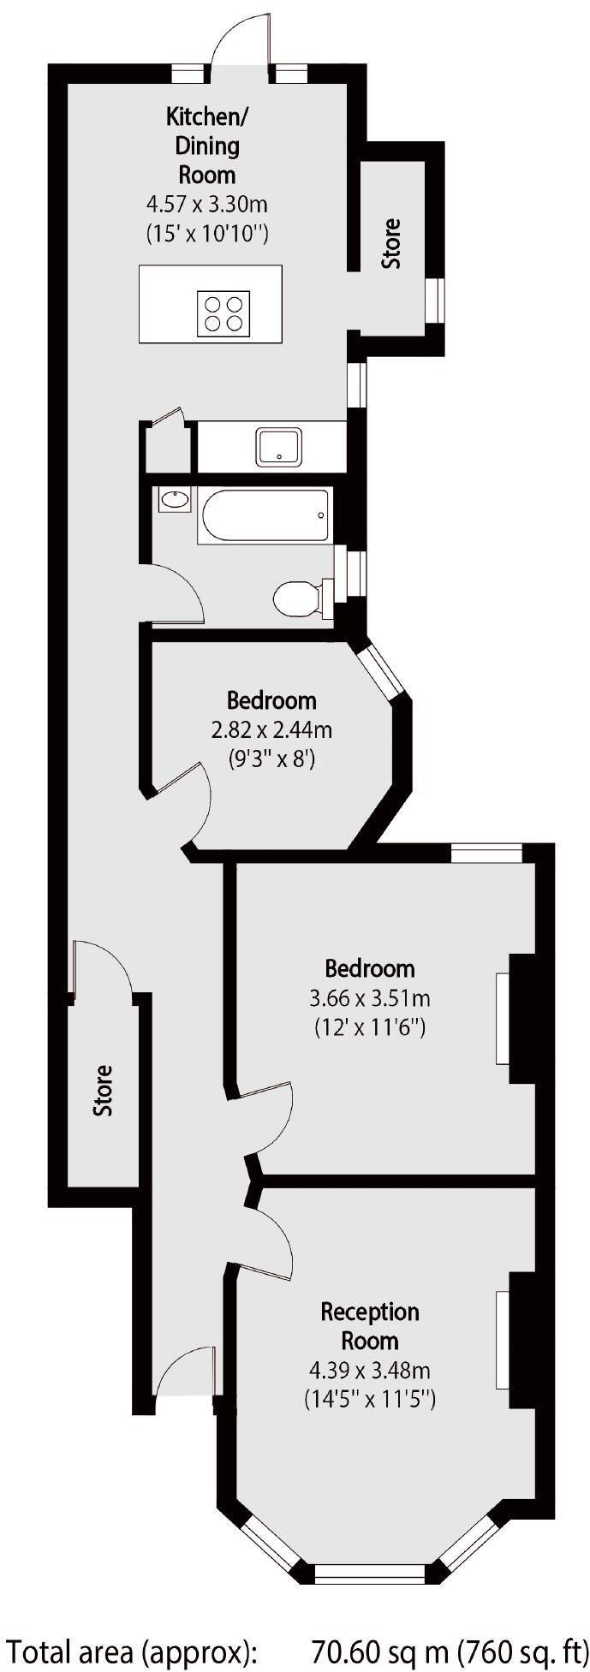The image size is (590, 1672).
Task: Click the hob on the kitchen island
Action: (x=223, y=312)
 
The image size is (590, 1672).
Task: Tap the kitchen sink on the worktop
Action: (x=278, y=447)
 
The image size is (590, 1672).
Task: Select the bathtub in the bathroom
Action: (x=265, y=515)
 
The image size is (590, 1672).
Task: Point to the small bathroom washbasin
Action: (x=176, y=499)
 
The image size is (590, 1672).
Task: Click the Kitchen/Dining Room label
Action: (x=207, y=146)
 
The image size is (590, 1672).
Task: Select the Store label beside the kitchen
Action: (x=390, y=244)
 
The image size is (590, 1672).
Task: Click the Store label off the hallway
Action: (x=103, y=1090)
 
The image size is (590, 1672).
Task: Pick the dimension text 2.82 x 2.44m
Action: (x=271, y=729)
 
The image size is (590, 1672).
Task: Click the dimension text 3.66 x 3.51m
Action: (x=369, y=997)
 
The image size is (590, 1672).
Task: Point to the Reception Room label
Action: (x=370, y=1325)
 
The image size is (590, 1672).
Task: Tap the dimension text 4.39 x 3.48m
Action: (x=370, y=1370)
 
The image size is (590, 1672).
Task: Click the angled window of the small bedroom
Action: (x=379, y=671)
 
